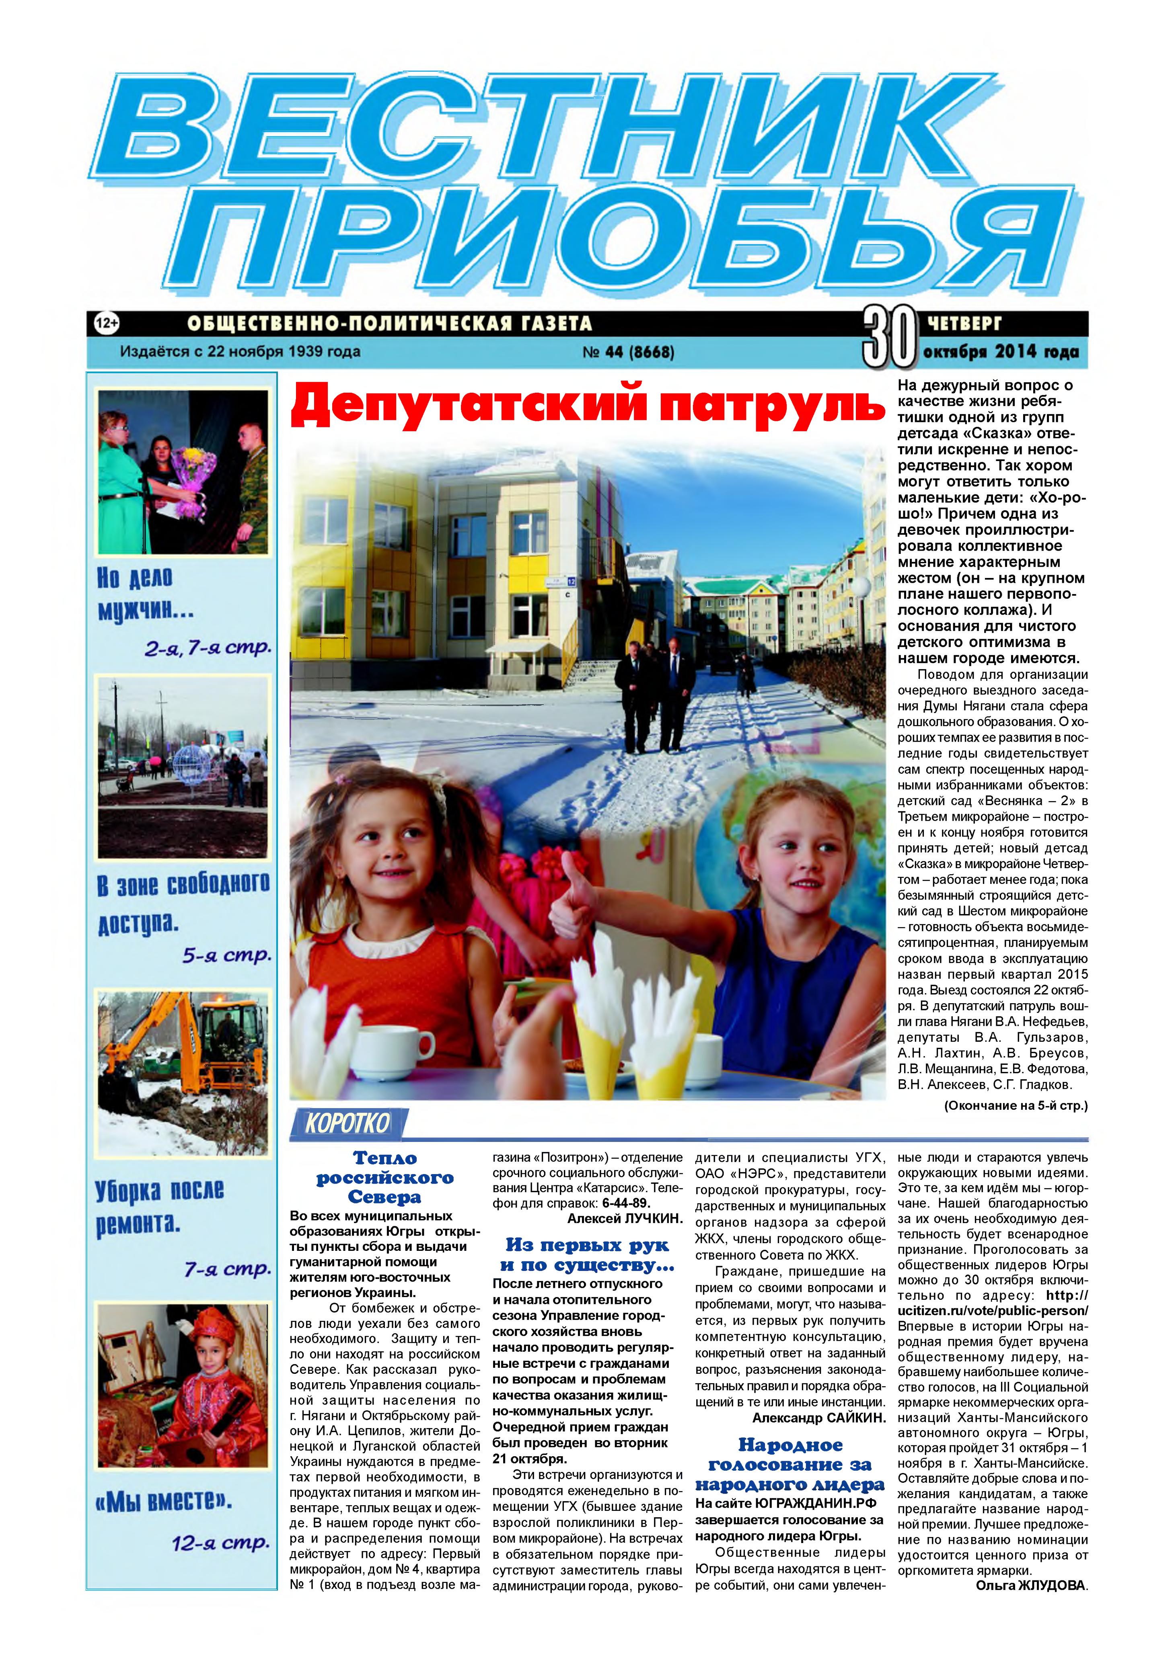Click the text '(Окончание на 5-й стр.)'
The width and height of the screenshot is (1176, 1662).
1015,1106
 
